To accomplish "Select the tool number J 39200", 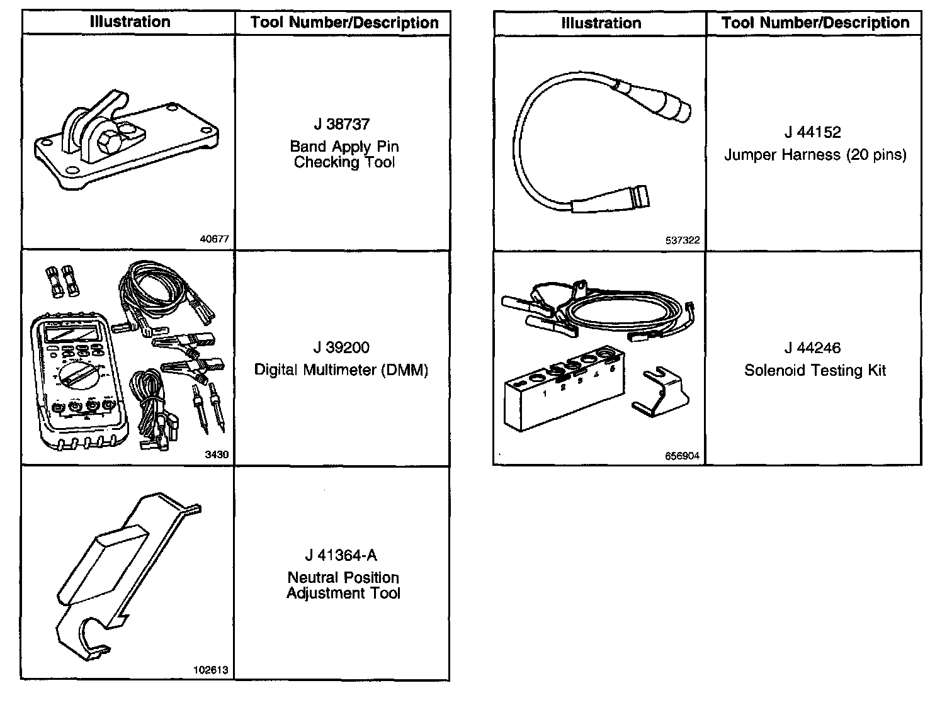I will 341,348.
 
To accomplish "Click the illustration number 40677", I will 214,240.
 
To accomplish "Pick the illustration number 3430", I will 217,455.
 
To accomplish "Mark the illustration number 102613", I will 212,670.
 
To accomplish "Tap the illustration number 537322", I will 683,240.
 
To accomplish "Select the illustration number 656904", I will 683,456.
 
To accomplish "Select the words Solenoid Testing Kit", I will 815,370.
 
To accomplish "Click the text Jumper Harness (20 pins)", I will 815,155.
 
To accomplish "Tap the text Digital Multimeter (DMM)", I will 341,369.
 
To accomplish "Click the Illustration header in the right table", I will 601,23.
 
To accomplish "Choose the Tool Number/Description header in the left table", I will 344,23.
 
